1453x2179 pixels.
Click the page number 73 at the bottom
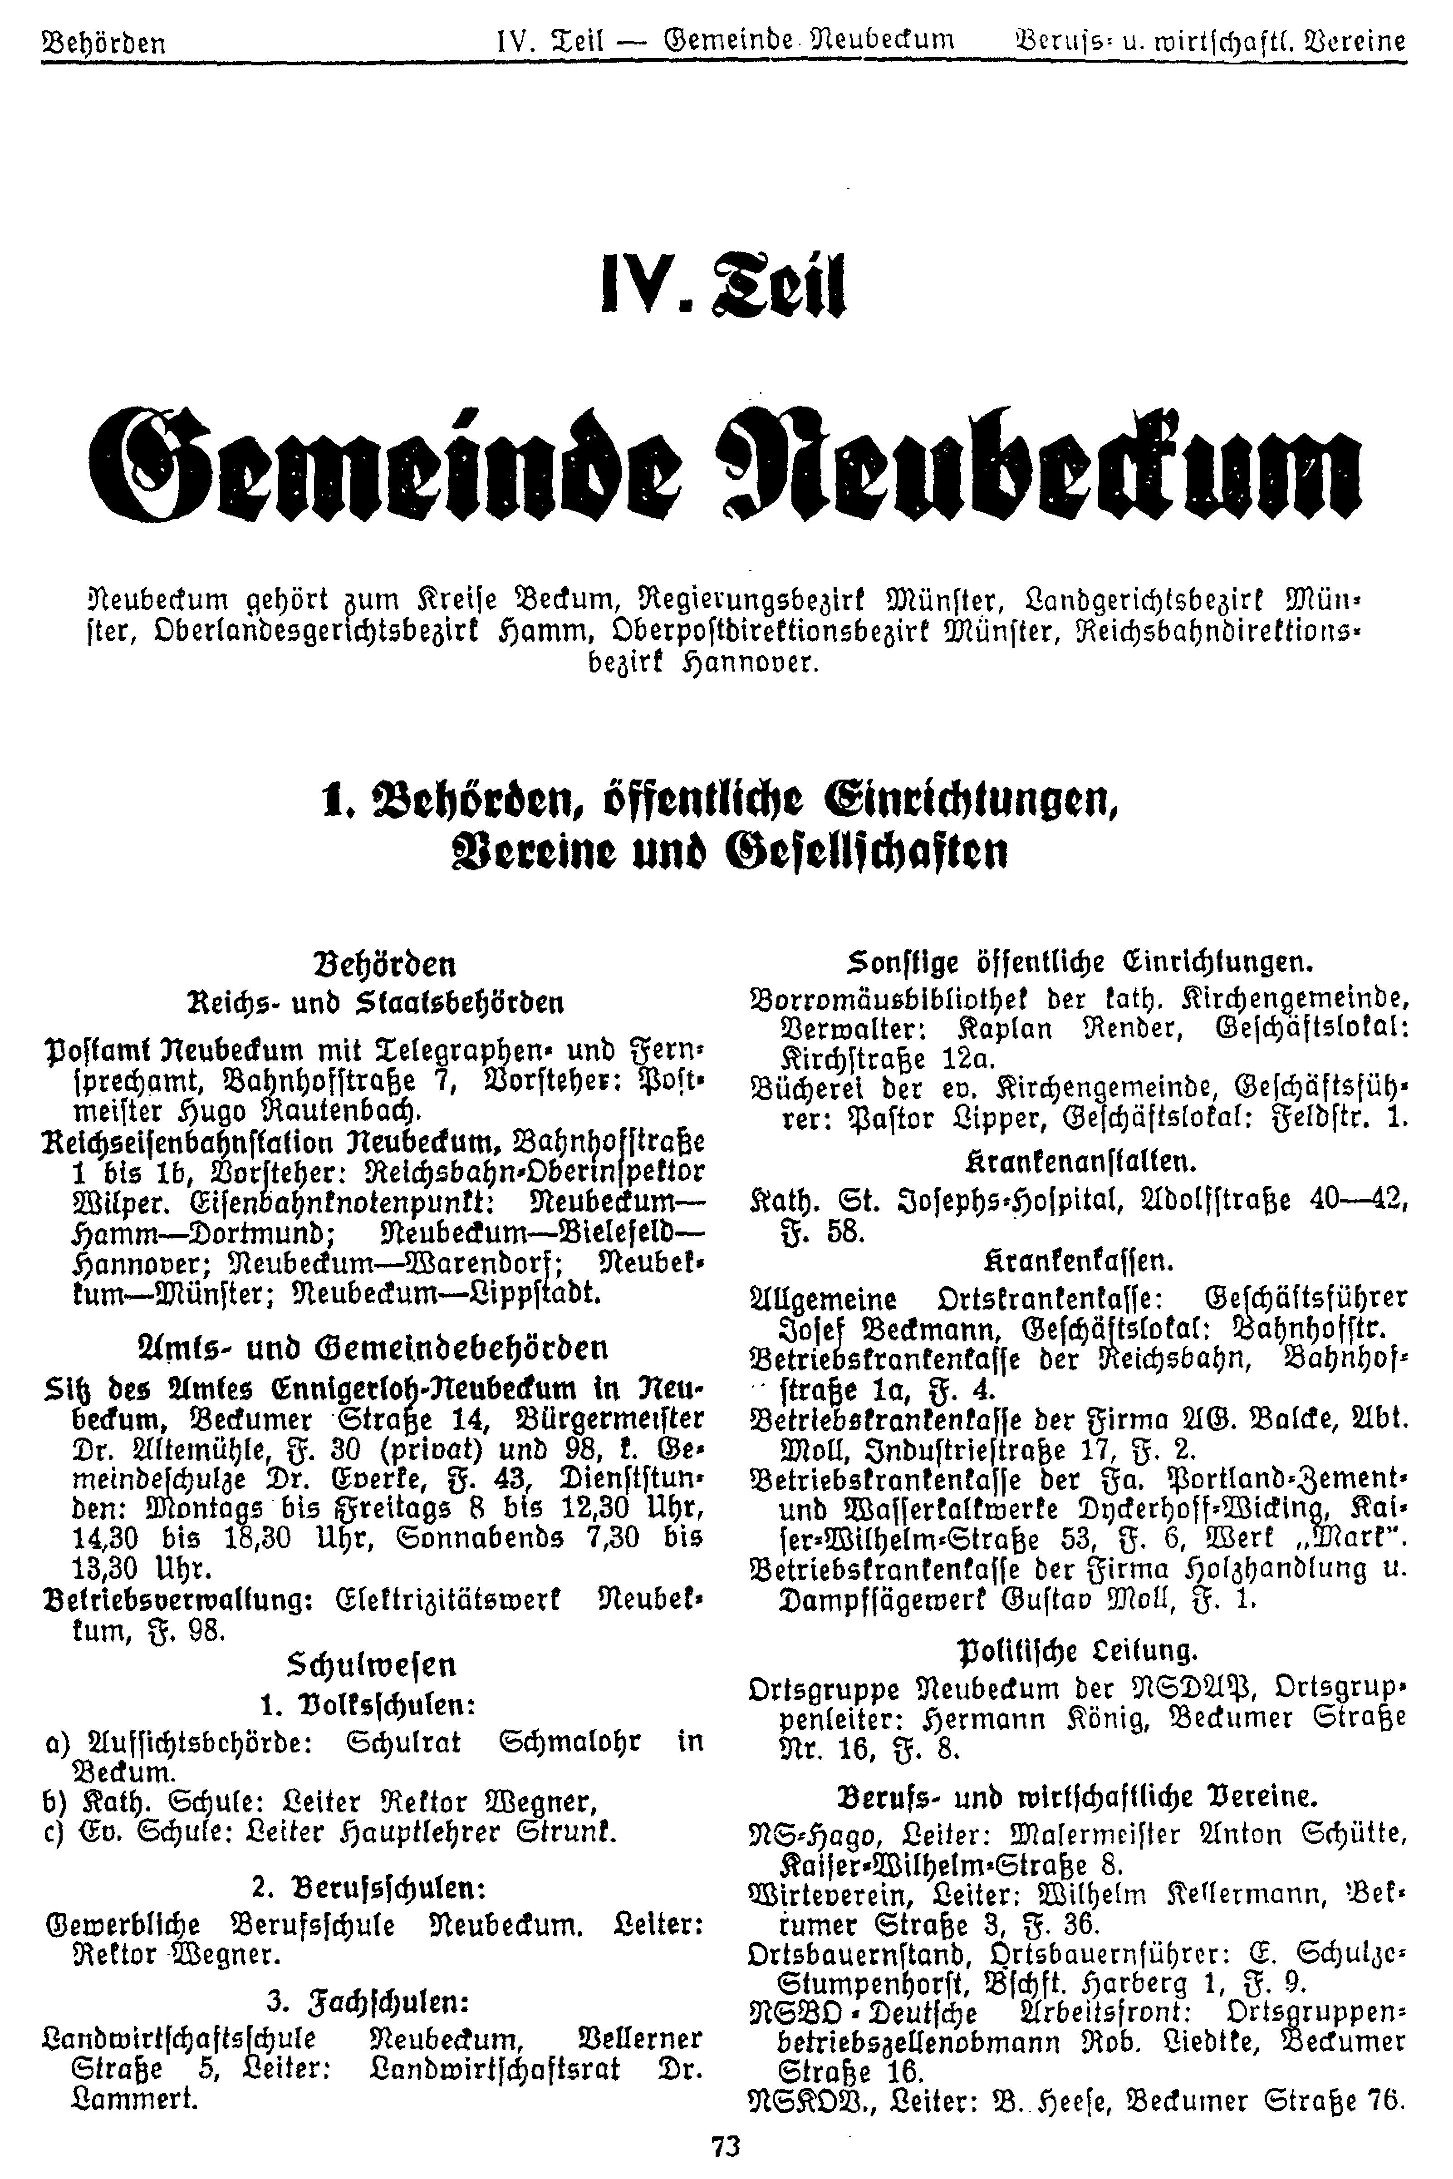pos(726,2145)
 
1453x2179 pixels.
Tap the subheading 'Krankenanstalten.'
pos(1080,1160)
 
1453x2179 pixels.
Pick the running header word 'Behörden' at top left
pos(104,43)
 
